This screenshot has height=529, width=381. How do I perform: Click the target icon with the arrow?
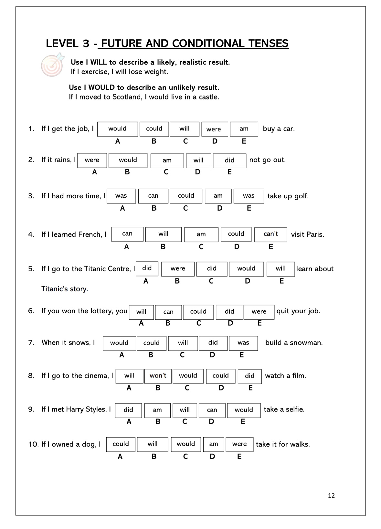click(x=52, y=65)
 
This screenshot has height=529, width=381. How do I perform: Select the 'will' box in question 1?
click(x=185, y=129)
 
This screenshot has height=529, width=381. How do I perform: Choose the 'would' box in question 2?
click(x=128, y=160)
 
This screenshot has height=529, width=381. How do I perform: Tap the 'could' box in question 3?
click(x=186, y=196)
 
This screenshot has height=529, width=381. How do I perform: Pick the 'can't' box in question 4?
click(x=270, y=234)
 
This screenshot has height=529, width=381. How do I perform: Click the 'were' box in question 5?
click(x=178, y=269)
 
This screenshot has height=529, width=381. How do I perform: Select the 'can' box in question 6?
click(x=168, y=312)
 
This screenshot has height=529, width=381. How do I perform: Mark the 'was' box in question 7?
click(x=243, y=343)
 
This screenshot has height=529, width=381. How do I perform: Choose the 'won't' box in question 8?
click(x=158, y=376)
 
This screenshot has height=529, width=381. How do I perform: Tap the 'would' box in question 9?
click(x=244, y=410)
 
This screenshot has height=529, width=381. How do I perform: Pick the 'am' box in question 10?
click(x=214, y=444)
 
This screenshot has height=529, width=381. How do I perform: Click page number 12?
click(x=331, y=496)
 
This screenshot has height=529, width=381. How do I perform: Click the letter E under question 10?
click(x=239, y=456)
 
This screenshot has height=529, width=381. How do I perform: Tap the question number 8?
click(x=31, y=376)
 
